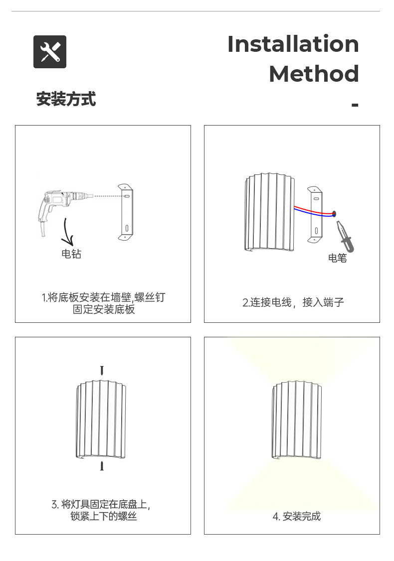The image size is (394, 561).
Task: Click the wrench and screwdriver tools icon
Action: pyautogui.click(x=50, y=52)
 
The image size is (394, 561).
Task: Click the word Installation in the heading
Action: pyautogui.click(x=293, y=44)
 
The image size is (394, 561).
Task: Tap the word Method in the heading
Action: pyautogui.click(x=314, y=74)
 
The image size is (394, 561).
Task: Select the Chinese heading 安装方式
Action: pyautogui.click(x=66, y=99)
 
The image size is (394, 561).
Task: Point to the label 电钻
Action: pyautogui.click(x=71, y=254)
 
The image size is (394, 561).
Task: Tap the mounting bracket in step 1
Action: pyautogui.click(x=126, y=212)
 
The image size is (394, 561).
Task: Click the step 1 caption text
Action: pyautogui.click(x=103, y=303)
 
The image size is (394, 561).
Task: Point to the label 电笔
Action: pyautogui.click(x=337, y=258)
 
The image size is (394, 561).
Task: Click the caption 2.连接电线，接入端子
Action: pyautogui.click(x=293, y=302)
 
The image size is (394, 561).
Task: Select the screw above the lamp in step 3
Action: pyautogui.click(x=102, y=370)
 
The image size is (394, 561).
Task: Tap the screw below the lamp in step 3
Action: pyautogui.click(x=102, y=466)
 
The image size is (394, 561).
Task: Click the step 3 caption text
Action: pyautogui.click(x=103, y=510)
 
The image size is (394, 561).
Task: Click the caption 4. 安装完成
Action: pyautogui.click(x=296, y=516)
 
